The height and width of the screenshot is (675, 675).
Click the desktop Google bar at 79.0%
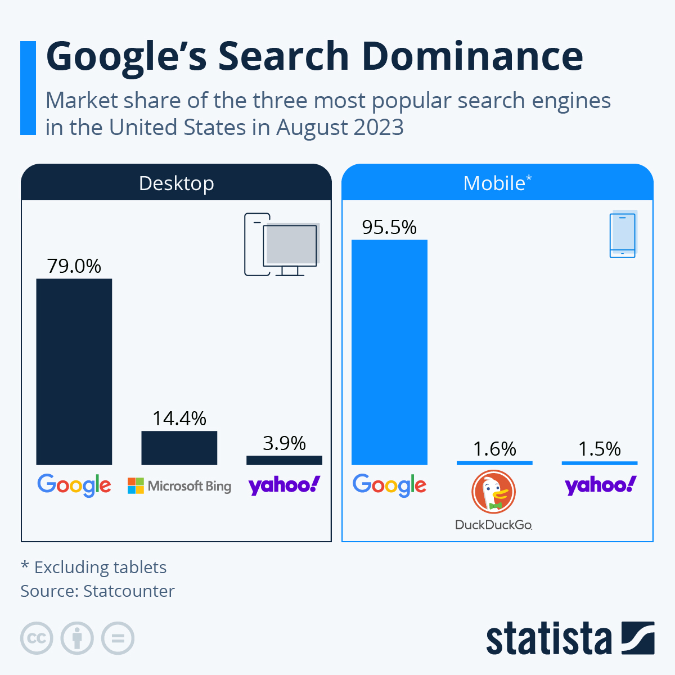(x=74, y=371)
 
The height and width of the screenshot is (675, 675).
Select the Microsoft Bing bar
(x=179, y=448)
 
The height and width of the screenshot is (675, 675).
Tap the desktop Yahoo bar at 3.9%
(x=284, y=460)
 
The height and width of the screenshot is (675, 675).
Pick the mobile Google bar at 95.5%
(x=389, y=352)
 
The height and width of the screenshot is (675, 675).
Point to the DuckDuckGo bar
(x=494, y=463)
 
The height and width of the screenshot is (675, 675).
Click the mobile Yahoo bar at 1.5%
(x=600, y=463)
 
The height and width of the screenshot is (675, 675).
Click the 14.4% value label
(x=179, y=418)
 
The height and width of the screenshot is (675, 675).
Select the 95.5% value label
(x=389, y=227)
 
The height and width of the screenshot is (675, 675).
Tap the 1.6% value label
(x=494, y=449)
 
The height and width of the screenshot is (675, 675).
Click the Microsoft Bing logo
(x=179, y=485)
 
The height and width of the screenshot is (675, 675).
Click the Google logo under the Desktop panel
(x=74, y=485)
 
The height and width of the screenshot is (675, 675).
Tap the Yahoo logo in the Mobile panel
(x=600, y=485)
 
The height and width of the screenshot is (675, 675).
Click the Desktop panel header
(x=176, y=183)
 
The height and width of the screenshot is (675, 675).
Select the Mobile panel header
(x=497, y=183)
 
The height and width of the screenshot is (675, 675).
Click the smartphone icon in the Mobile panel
(x=623, y=235)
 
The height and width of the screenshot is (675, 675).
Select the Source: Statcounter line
(x=98, y=591)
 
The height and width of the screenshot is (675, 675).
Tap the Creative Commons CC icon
(x=37, y=638)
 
